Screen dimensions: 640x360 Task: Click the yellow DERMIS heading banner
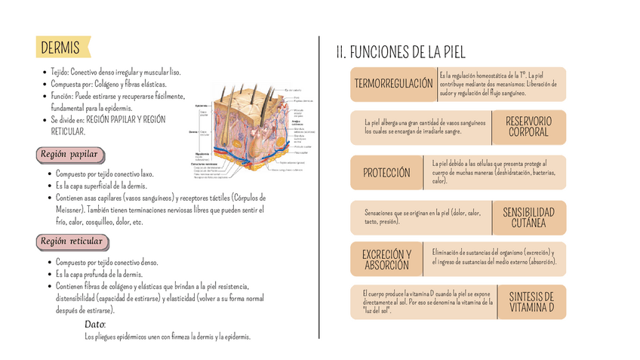(x=62, y=48)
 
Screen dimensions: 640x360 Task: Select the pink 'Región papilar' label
(x=69, y=155)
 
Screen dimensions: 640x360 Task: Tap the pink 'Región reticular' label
(x=71, y=242)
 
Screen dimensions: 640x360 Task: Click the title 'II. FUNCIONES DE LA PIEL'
(x=400, y=52)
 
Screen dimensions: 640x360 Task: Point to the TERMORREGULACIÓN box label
(x=394, y=84)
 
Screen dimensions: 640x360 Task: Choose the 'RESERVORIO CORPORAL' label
(x=528, y=127)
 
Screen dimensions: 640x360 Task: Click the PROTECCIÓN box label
(x=386, y=173)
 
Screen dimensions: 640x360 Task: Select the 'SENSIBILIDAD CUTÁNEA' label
(x=528, y=217)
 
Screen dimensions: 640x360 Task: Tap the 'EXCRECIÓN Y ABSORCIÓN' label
(x=386, y=260)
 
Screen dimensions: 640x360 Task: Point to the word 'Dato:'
(x=95, y=324)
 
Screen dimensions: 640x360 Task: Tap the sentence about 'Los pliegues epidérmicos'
(x=168, y=337)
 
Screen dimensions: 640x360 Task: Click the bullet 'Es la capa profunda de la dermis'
(x=99, y=274)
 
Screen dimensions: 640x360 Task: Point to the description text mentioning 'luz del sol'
(x=427, y=302)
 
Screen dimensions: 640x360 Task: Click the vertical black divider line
(x=320, y=185)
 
